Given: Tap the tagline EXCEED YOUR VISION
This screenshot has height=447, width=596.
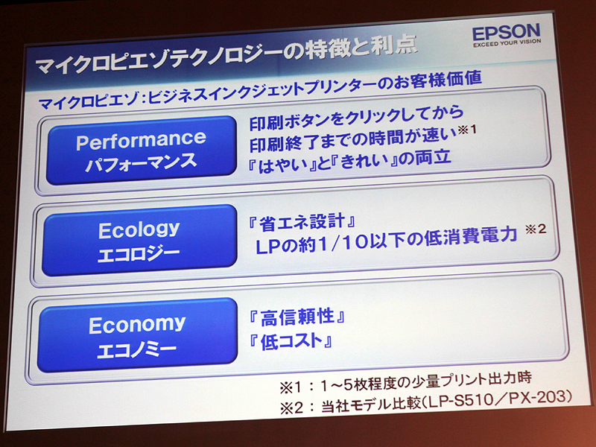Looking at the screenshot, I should click(506, 45).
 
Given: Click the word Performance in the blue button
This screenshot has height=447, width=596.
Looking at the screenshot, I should click(141, 140).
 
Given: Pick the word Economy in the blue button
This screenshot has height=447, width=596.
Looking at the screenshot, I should click(137, 324).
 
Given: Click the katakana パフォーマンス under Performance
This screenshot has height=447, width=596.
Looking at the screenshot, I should click(140, 162).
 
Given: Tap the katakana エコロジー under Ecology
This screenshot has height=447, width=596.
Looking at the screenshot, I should click(139, 252).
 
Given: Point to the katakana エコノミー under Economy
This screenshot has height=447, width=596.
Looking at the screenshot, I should click(136, 349).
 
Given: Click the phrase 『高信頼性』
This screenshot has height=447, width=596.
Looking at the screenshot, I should click(297, 318).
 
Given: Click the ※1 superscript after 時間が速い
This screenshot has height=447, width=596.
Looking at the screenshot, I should click(467, 131).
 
